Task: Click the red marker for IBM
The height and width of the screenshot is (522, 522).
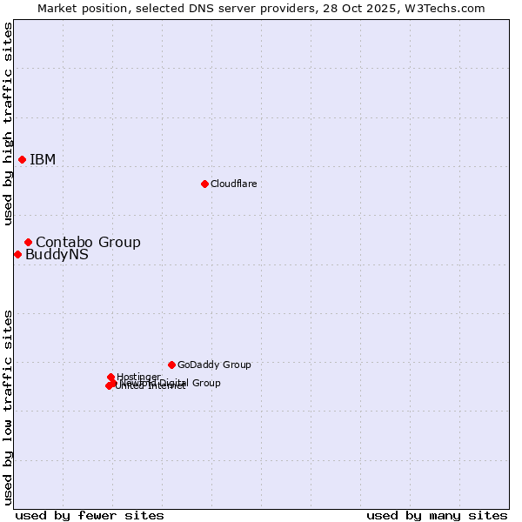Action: point(22,159)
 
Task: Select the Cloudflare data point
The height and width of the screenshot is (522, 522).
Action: point(204,184)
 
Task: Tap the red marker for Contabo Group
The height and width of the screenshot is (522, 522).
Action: point(28,242)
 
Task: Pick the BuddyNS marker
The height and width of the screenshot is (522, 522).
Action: point(17,254)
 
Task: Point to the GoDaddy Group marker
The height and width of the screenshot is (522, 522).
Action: point(171,365)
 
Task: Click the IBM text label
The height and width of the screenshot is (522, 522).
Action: point(43,159)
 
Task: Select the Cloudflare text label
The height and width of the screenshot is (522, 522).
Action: point(233,184)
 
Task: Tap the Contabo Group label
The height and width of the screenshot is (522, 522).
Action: point(88,242)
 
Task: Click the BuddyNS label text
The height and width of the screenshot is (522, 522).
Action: point(57,255)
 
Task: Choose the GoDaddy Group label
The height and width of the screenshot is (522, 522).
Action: point(214,365)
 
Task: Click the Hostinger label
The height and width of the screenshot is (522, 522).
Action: point(138,377)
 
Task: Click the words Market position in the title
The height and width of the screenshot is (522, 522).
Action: point(77,8)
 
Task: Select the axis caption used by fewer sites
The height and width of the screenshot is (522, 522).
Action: point(90,515)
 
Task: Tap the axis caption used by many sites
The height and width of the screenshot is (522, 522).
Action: point(437,515)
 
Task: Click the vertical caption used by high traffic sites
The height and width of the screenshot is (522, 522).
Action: point(8,124)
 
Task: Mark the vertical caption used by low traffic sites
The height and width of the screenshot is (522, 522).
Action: point(8,406)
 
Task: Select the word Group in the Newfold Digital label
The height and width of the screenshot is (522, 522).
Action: point(205,383)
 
